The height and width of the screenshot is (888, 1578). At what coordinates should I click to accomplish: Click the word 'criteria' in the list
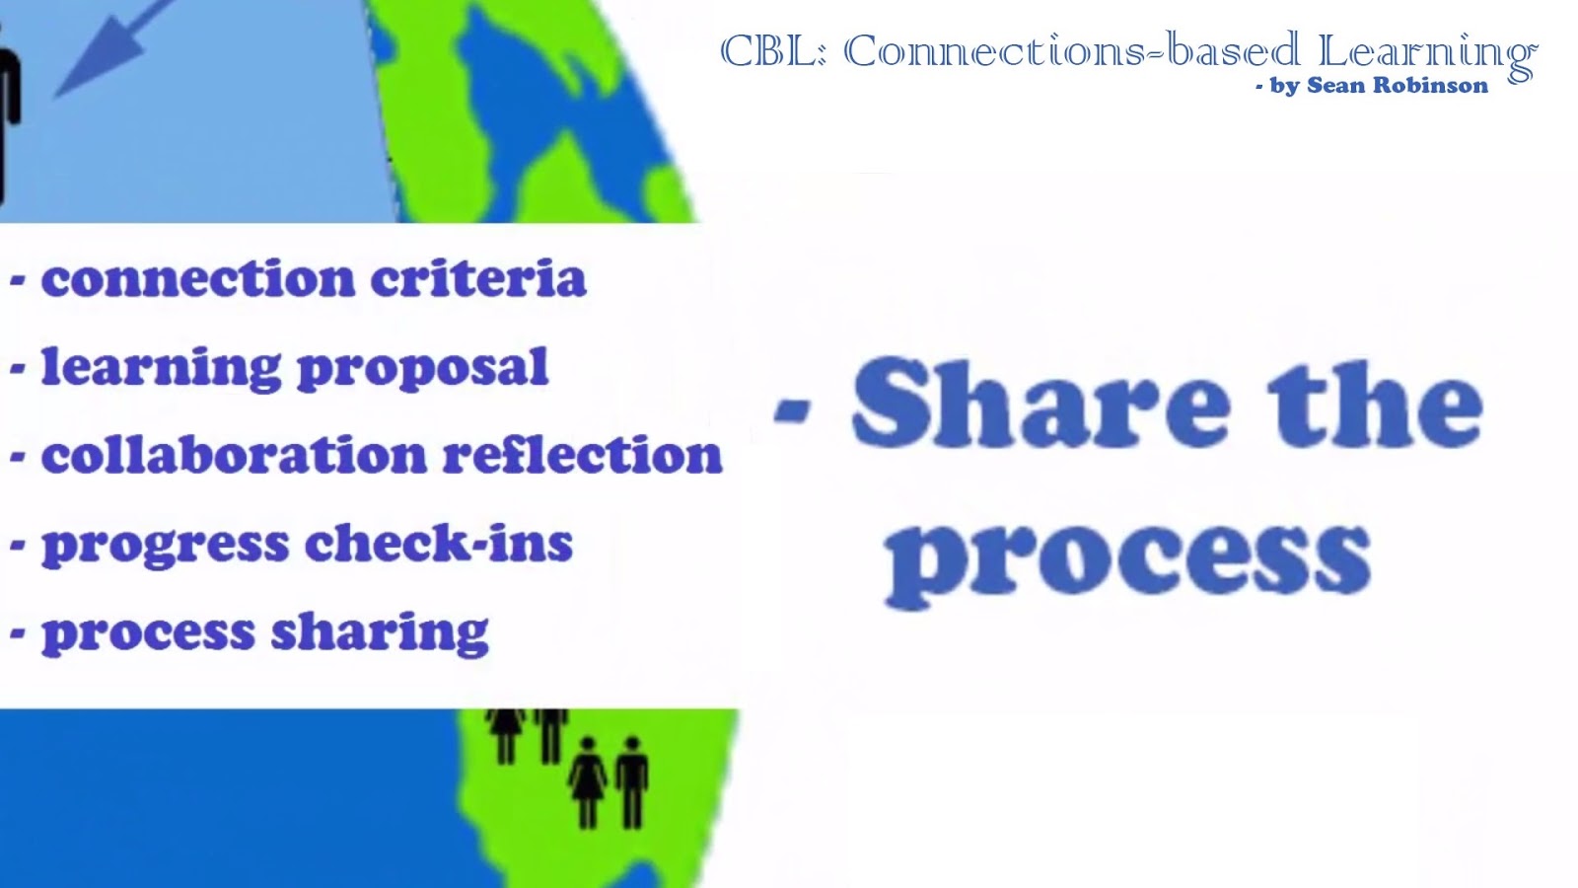click(x=478, y=278)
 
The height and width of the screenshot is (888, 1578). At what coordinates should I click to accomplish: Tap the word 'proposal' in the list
click(x=422, y=369)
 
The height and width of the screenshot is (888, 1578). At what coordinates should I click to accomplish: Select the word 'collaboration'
click(x=233, y=456)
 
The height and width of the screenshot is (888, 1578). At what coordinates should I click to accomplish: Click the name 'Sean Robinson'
click(x=1397, y=86)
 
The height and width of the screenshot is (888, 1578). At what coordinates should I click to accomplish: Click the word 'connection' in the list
click(x=197, y=278)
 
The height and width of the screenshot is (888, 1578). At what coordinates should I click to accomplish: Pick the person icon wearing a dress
click(x=588, y=781)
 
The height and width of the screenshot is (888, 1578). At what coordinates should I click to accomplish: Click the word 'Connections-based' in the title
click(x=1071, y=51)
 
